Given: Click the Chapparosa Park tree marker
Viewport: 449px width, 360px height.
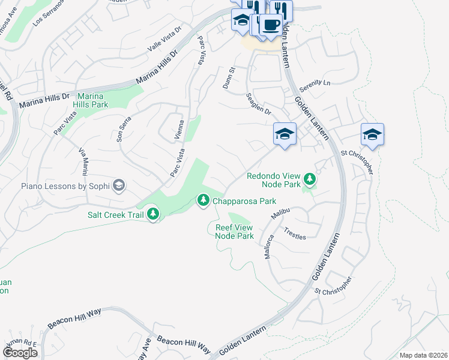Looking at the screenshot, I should [x=203, y=200].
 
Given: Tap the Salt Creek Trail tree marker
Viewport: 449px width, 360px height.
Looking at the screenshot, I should [x=153, y=214].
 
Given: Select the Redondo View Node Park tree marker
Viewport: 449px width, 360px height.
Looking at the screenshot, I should [x=310, y=179].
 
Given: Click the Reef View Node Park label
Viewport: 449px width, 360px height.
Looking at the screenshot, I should [x=235, y=232].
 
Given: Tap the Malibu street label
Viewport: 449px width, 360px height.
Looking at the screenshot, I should [x=281, y=213].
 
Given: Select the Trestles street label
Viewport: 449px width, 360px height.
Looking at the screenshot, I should [x=295, y=233].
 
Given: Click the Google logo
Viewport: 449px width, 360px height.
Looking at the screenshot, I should [x=20, y=353].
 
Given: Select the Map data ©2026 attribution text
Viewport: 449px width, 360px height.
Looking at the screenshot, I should [x=423, y=355].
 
